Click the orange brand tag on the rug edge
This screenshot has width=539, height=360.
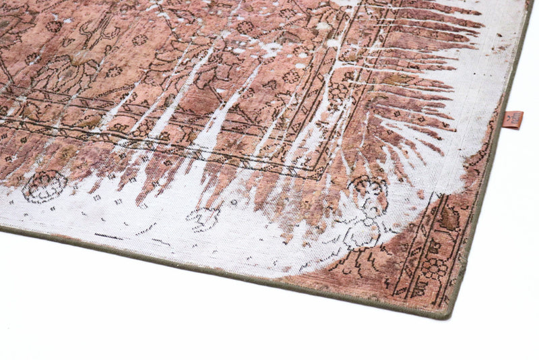tap(513, 120)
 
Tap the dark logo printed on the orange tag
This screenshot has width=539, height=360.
tap(513, 118)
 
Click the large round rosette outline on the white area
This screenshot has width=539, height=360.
tap(44, 186)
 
